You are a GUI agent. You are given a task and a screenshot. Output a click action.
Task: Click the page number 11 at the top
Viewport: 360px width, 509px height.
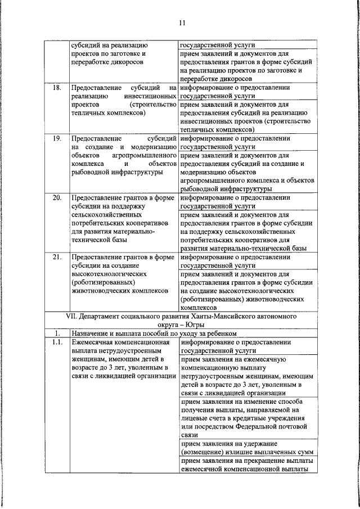point(181,22)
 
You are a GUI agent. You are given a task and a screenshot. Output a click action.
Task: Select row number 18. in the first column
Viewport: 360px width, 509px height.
point(57,88)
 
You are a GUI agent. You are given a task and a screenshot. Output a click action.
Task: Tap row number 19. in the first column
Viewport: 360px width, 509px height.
point(57,138)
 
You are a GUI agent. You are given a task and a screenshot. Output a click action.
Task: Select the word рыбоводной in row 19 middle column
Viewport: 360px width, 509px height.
point(94,172)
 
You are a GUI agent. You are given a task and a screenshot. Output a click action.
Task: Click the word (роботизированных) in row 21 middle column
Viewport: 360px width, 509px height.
point(103,282)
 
